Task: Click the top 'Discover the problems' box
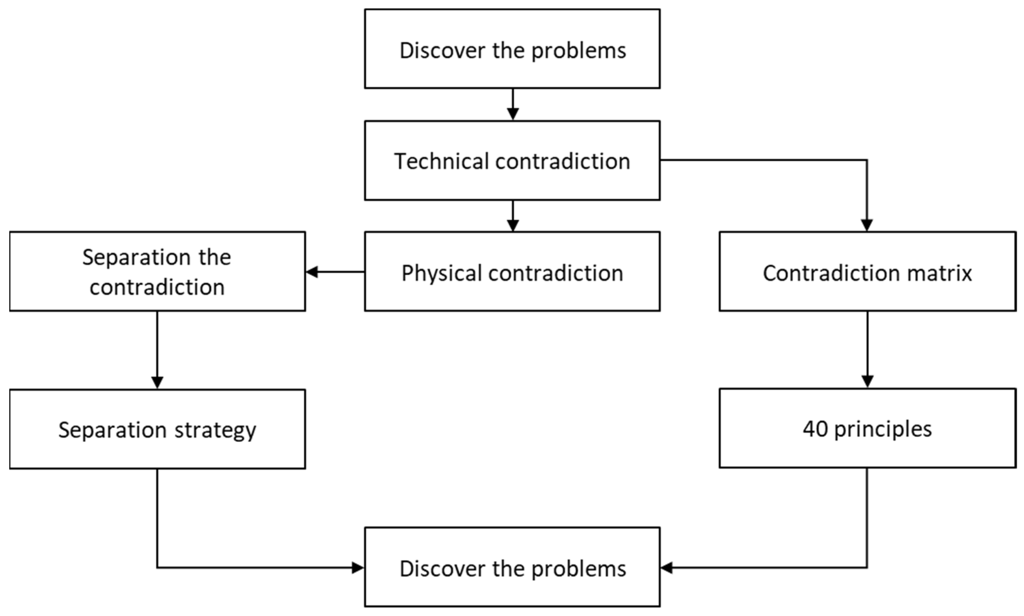coord(512,49)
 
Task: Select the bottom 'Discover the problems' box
coord(512,567)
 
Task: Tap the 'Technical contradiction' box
coord(512,161)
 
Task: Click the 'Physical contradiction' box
coord(512,272)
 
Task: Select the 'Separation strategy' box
coord(157,429)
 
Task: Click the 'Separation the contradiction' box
coord(157,272)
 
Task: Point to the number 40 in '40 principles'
coord(815,428)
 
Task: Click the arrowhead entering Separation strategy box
coord(157,382)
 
